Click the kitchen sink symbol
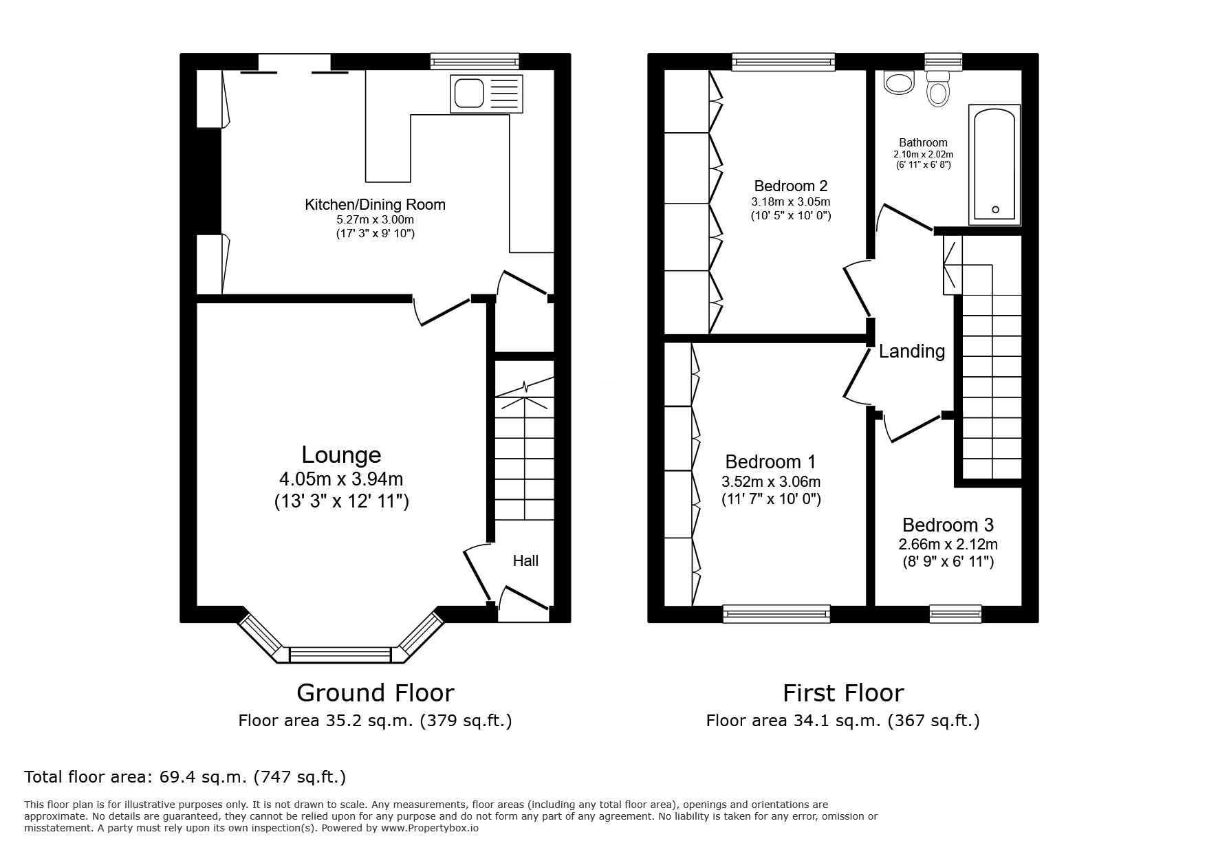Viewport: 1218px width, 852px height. [486, 94]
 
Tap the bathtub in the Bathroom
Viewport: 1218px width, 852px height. [994, 165]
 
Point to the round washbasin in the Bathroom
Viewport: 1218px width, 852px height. [898, 83]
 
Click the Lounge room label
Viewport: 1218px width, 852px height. [341, 455]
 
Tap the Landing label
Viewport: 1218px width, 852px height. [911, 351]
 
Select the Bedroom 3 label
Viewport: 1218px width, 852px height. [948, 525]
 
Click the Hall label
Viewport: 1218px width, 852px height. [525, 561]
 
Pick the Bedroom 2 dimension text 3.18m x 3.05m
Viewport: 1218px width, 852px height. [790, 202]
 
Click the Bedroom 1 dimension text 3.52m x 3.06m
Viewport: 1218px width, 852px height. [770, 482]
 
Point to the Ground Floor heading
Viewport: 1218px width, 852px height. [375, 692]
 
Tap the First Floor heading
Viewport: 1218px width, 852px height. [842, 692]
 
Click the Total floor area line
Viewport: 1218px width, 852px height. [185, 777]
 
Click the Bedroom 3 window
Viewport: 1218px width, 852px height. [955, 613]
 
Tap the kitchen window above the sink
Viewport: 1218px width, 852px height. [475, 62]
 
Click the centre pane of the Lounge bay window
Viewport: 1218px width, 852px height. [340, 655]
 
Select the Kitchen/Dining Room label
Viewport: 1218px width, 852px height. [375, 205]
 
